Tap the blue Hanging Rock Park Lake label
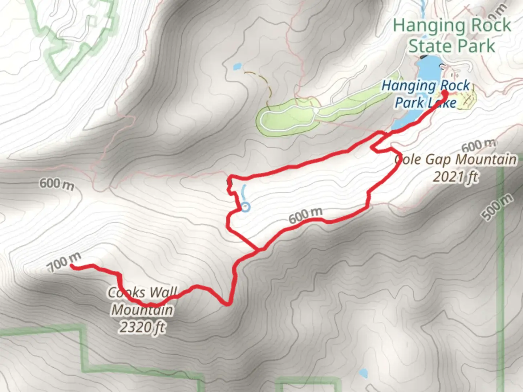[x=426, y=94]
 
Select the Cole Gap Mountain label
[x=456, y=160]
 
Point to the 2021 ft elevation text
[x=455, y=177]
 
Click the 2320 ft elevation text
[x=142, y=327]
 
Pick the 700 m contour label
[x=64, y=262]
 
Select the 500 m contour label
[x=498, y=207]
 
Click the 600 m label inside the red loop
[x=305, y=216]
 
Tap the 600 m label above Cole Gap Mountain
[x=478, y=146]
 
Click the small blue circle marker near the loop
[x=246, y=207]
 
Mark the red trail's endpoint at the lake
[x=445, y=93]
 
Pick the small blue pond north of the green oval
[x=237, y=66]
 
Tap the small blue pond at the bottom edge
[x=363, y=373]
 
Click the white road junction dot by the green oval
[x=317, y=110]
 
